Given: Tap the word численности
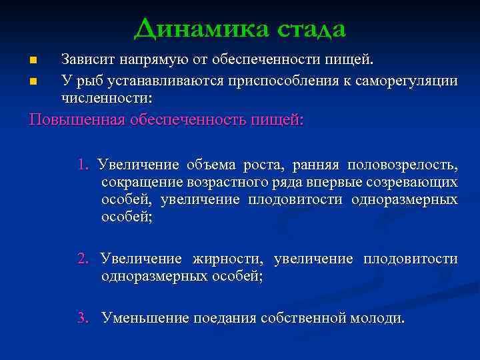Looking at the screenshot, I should [106, 98].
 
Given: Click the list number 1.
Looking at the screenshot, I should [81, 165].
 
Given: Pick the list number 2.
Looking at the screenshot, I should [81, 259].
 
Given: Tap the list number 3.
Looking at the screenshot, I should [81, 318].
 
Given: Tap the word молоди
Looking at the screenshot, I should [378, 318].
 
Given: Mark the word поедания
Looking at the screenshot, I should [225, 318].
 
